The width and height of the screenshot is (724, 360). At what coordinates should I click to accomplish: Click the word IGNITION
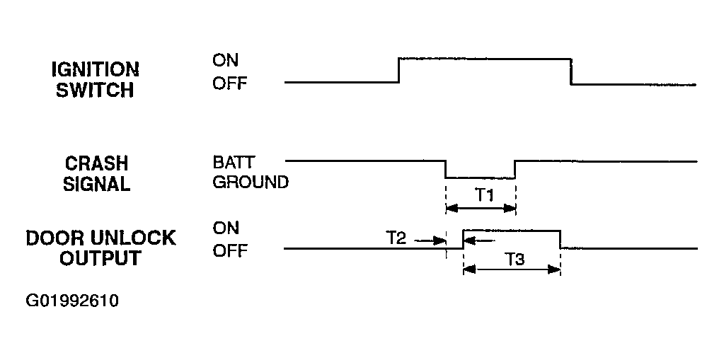coord(95,70)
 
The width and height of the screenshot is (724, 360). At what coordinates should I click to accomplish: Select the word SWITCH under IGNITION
coord(95,90)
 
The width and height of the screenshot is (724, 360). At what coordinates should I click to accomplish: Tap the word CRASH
coord(96,163)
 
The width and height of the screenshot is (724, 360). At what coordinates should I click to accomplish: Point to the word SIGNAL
coord(96,184)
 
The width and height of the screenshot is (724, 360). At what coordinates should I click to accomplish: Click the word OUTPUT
coord(100,258)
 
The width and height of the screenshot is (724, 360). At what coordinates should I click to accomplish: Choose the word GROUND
coord(251,182)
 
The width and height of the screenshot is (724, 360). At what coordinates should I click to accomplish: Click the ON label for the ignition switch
coord(226,60)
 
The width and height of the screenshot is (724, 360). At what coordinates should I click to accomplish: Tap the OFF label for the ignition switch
coord(230,83)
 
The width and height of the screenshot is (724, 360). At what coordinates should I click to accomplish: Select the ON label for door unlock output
coord(226,228)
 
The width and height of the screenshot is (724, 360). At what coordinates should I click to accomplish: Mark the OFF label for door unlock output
coord(230,251)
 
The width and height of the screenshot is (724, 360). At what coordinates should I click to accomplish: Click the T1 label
coord(484,196)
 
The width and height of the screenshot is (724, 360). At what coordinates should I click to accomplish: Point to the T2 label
coord(396,238)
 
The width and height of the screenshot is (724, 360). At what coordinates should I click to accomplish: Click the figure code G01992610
coord(72,301)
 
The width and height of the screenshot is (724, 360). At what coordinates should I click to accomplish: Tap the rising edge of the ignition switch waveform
coord(399,70)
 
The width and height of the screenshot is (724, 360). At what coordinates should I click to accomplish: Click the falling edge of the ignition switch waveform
coord(571,71)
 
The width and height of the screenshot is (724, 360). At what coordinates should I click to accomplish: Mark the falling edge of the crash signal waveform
coord(446,169)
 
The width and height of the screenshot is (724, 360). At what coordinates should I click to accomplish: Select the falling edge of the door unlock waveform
coord(560,239)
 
